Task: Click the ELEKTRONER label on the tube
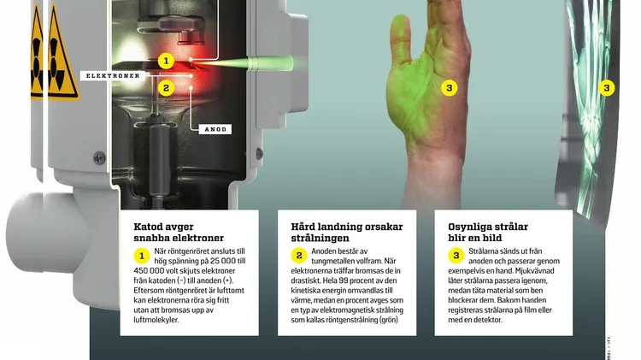pos(113,76)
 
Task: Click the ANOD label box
pos(215,129)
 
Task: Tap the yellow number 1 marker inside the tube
pos(166,62)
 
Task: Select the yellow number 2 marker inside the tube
pos(166,88)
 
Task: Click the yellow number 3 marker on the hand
pos(450,87)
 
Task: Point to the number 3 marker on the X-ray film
pos(607,87)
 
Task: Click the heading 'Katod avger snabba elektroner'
pos(179,232)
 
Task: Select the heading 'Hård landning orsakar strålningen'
pos(347,232)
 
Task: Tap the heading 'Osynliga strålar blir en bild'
pos(488,232)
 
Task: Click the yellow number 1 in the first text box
pos(142,256)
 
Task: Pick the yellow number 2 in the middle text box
pos(299,256)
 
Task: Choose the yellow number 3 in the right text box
pos(456,256)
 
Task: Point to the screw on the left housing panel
pos(99,158)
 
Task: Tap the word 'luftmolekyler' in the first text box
pos(156,320)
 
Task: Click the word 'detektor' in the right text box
pos(486,320)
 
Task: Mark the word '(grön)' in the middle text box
pos(388,320)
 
